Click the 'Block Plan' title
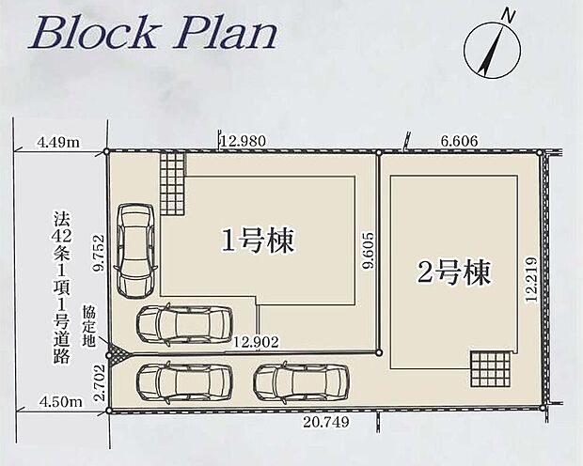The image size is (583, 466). (155, 33)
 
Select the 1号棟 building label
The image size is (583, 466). (258, 241)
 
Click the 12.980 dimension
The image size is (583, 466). (242, 141)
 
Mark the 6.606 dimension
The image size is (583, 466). (460, 141)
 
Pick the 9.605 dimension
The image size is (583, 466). (369, 252)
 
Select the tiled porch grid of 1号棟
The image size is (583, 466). (173, 183)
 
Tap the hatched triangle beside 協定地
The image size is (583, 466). (118, 354)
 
